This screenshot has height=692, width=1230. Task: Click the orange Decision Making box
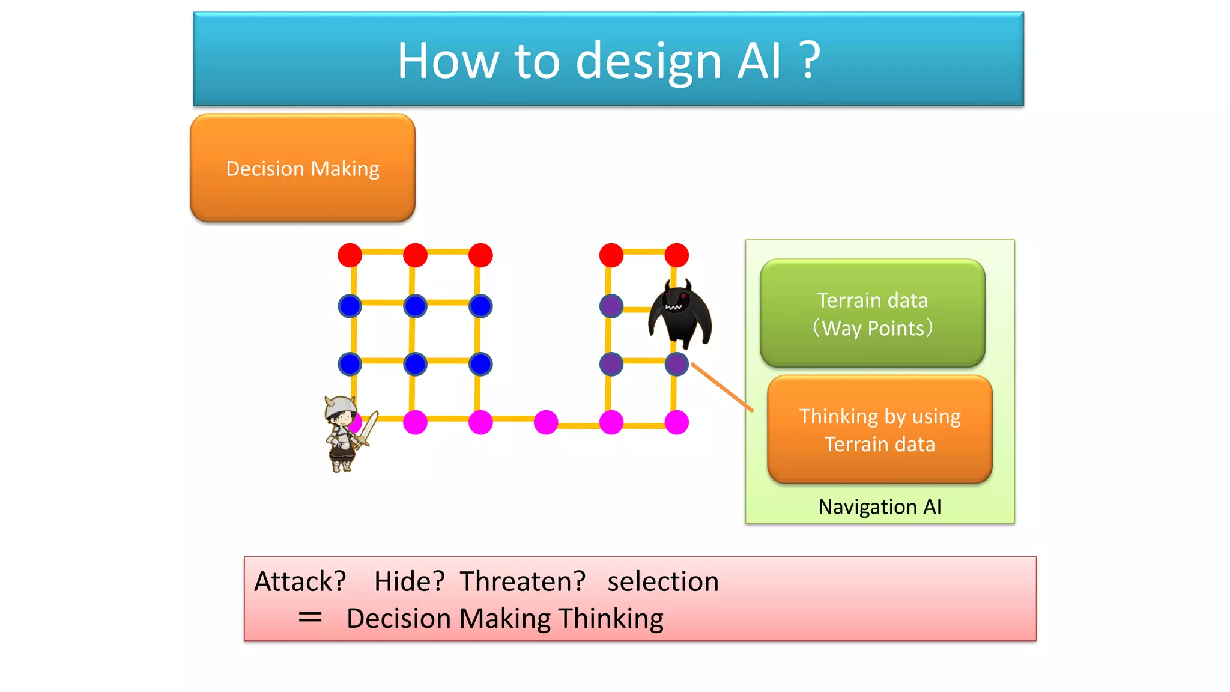click(x=303, y=168)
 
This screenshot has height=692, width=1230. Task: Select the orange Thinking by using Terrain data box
click(x=879, y=430)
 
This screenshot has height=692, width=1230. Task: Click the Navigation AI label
click(x=879, y=507)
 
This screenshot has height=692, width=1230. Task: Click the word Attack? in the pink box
click(x=300, y=581)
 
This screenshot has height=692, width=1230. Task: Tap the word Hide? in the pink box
click(x=409, y=581)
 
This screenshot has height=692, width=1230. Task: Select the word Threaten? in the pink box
click(x=523, y=581)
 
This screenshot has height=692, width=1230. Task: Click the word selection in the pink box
click(x=662, y=581)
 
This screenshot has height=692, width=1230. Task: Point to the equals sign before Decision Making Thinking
click(x=310, y=618)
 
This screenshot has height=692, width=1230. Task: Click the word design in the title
click(x=648, y=61)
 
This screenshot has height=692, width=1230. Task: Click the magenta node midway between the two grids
click(x=546, y=422)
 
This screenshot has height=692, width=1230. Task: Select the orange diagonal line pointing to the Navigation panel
click(x=721, y=387)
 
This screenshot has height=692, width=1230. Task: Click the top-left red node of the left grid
click(x=350, y=255)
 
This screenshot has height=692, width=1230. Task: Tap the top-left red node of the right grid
click(x=611, y=255)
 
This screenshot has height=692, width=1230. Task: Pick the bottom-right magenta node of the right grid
click(x=677, y=422)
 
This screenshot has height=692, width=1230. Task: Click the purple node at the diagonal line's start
click(x=677, y=364)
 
